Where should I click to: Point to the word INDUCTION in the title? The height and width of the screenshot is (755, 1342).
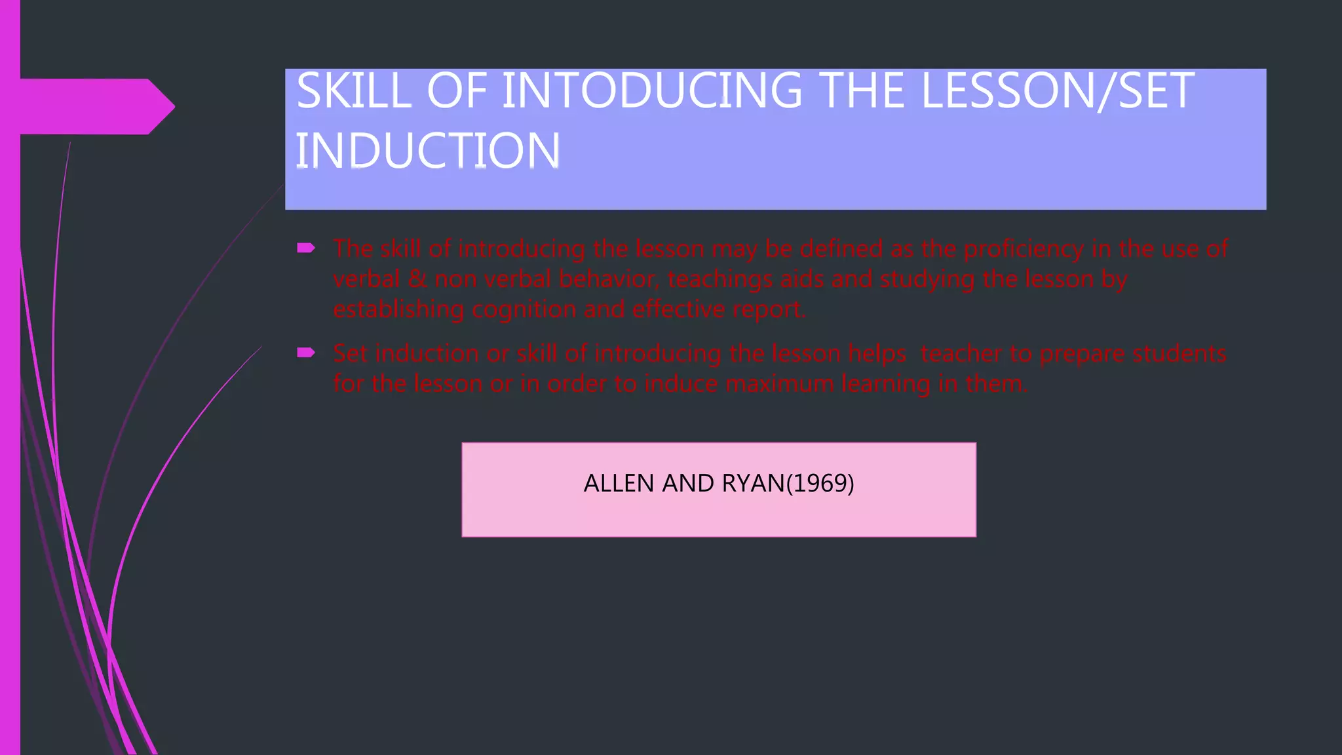pyautogui.click(x=428, y=151)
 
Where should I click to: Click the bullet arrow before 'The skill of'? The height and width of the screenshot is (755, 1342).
pyautogui.click(x=305, y=248)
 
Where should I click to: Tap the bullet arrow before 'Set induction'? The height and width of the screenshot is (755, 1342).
pyautogui.click(x=305, y=353)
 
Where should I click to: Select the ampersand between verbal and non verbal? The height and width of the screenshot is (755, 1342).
pyautogui.click(x=417, y=279)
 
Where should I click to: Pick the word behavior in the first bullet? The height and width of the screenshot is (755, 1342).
pyautogui.click(x=609, y=279)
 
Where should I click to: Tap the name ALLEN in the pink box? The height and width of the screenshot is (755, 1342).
pyautogui.click(x=619, y=484)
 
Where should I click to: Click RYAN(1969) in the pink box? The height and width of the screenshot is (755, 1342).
pyautogui.click(x=788, y=484)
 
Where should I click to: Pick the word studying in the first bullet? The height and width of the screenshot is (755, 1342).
pyautogui.click(x=927, y=280)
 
